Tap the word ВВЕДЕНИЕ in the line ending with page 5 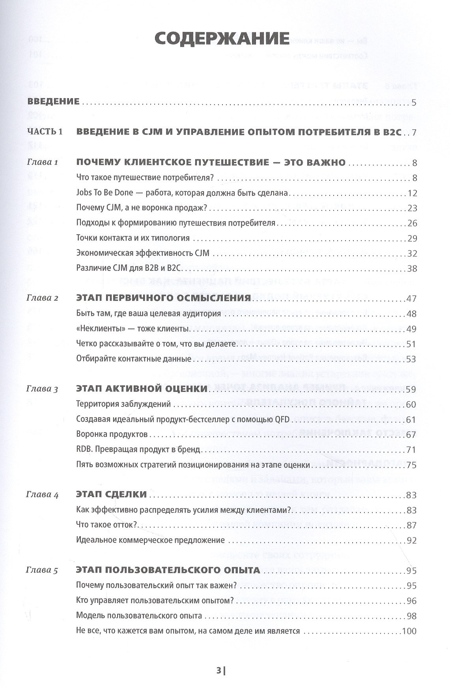click(53, 102)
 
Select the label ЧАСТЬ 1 click(45, 132)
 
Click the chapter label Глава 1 click(43, 162)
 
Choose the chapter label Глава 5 click(43, 571)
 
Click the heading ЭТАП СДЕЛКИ click(111, 495)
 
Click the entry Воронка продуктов click(112, 435)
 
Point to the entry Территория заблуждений click(123, 405)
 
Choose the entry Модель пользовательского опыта click(139, 616)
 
